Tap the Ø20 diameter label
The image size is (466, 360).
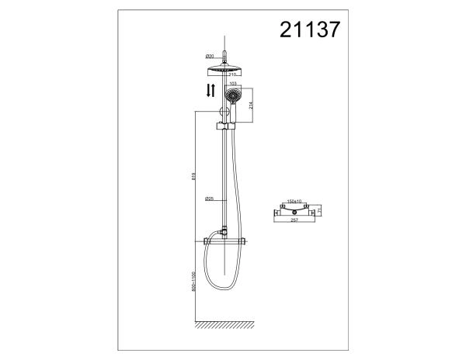point(210,57)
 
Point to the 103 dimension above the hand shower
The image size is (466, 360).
point(234,84)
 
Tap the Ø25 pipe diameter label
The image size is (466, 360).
point(210,199)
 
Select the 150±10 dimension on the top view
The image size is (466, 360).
point(294,202)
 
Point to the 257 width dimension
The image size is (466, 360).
point(294,220)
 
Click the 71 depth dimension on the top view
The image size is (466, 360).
point(321,209)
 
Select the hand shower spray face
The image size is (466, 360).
point(234,96)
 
